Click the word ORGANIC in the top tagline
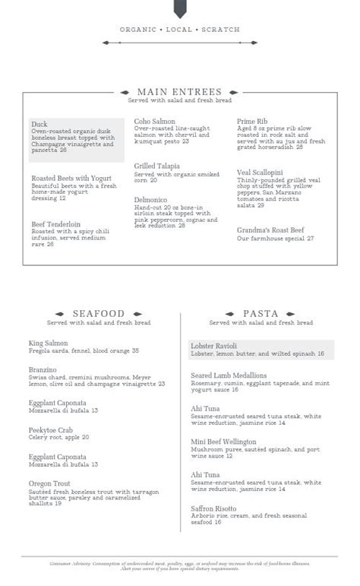coord(136,30)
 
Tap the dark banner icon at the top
coord(180,8)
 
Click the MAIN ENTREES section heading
coord(180,92)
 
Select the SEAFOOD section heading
coord(99,313)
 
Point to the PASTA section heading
coord(261,313)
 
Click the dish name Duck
coord(39,124)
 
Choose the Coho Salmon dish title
coord(155,122)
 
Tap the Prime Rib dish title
coord(253,122)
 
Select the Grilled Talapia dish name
coord(157,166)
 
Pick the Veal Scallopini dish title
coord(260,173)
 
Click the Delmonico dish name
coord(152,200)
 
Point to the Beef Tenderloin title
coord(56,224)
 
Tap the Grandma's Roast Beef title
coord(270,230)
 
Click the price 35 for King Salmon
coord(135,351)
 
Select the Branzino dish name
coord(43,369)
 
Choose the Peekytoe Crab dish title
coord(52,429)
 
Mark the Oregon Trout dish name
coord(50,483)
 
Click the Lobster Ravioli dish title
coord(214,346)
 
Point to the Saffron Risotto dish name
coord(214,508)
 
